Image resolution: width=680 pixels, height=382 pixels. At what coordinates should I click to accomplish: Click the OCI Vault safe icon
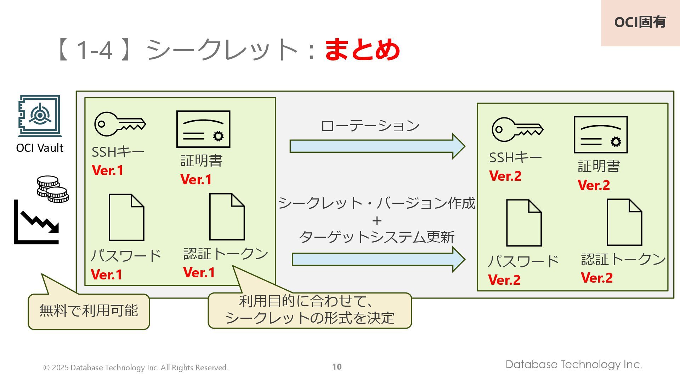[40, 116]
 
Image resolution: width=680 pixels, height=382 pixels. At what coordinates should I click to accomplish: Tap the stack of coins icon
[53, 189]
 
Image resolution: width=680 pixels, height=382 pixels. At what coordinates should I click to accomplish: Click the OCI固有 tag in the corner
[640, 22]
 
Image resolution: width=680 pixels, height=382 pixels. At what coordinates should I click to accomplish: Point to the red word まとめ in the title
[362, 50]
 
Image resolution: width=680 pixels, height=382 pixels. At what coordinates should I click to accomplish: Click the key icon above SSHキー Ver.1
[120, 124]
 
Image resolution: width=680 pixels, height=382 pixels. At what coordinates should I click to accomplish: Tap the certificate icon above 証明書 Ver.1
[203, 129]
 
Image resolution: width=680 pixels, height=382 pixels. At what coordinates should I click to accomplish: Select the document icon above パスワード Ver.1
[126, 217]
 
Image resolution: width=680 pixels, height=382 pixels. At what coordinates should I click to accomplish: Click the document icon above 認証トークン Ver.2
[624, 222]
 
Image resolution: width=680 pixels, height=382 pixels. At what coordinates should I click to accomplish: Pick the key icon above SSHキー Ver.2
[517, 129]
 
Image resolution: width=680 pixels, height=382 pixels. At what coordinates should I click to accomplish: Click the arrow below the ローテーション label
[377, 146]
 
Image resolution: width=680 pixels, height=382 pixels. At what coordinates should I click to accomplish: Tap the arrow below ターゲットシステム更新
[378, 259]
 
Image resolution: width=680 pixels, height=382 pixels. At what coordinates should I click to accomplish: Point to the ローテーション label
[370, 126]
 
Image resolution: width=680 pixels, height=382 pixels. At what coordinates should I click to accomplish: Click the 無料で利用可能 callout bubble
[89, 311]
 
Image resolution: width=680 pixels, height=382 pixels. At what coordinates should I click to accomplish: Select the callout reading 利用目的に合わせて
[310, 310]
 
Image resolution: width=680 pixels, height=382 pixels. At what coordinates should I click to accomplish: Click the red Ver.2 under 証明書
[594, 185]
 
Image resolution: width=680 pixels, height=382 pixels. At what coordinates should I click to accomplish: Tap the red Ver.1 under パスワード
[106, 274]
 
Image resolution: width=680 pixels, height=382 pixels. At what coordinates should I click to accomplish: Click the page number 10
[337, 367]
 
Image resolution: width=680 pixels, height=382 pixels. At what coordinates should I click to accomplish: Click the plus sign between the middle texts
[377, 221]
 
